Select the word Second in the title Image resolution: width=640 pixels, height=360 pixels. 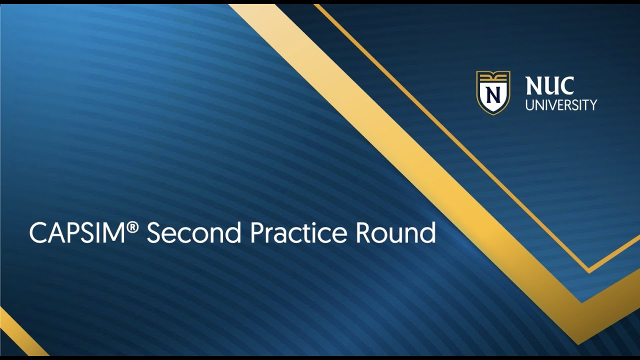tap(193, 233)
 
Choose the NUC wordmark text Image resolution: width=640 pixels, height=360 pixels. tap(549, 86)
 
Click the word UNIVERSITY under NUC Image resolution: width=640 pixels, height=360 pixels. tap(561, 105)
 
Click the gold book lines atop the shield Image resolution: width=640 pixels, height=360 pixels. tap(493, 76)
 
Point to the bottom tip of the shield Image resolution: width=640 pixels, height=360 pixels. tap(493, 113)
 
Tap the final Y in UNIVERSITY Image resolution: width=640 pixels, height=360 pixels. tap(593, 105)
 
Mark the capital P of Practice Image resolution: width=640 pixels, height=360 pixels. tap(256, 233)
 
